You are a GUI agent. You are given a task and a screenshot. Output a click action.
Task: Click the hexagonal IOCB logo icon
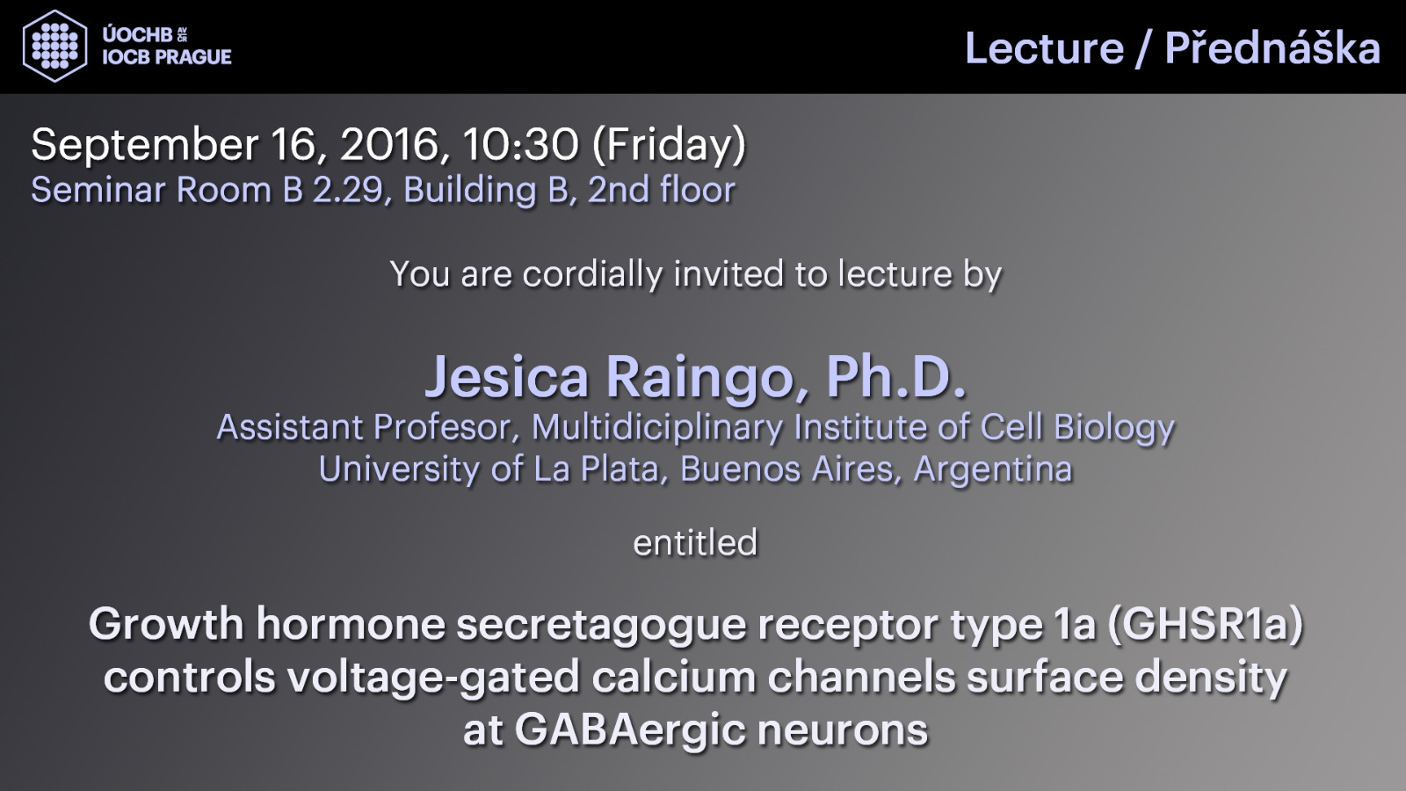click(x=54, y=46)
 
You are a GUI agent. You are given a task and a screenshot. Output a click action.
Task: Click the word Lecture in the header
click(x=1044, y=48)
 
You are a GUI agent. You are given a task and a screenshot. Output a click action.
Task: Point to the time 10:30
click(x=520, y=144)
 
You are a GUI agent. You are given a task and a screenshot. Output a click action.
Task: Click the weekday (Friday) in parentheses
click(x=669, y=146)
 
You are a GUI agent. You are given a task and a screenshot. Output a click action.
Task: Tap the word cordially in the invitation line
click(x=592, y=274)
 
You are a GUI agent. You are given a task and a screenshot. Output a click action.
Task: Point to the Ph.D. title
click(x=896, y=377)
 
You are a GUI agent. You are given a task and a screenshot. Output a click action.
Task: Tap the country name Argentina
click(x=993, y=470)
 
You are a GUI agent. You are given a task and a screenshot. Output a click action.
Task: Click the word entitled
click(x=695, y=542)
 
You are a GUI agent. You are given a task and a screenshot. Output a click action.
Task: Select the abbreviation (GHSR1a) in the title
click(x=1205, y=625)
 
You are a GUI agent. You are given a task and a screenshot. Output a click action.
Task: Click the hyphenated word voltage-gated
click(x=433, y=679)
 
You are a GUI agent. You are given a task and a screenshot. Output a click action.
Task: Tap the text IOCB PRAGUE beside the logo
click(x=167, y=57)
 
